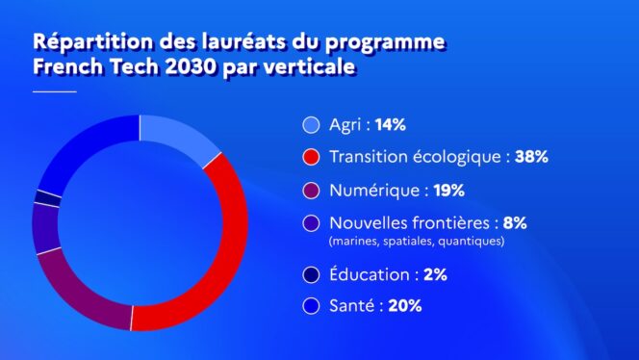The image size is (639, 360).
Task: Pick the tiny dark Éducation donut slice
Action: pos(42,197)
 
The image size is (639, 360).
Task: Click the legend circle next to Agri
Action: pos(310,125)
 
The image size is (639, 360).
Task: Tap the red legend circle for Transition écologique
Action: pos(310,157)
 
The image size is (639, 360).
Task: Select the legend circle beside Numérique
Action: pos(310,191)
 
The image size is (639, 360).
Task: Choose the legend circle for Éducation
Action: pos(310,275)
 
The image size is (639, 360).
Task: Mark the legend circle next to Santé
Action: pos(310,307)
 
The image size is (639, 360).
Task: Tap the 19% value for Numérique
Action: pos(439,191)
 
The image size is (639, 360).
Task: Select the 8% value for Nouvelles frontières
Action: pos(515,222)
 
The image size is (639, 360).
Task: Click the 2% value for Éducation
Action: pos(435,275)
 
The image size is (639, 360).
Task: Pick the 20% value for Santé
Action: pos(405,307)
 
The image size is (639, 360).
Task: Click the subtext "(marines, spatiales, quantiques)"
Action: pos(417,242)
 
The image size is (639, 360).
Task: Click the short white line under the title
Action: pos(55,91)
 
